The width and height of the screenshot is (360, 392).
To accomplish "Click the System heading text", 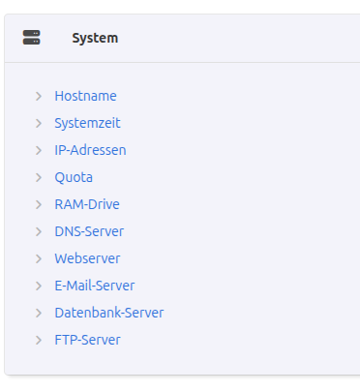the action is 95,38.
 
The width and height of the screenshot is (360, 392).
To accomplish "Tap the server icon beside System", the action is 32,38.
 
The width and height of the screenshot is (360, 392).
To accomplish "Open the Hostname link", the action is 85,96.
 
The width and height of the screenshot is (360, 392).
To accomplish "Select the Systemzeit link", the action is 87,123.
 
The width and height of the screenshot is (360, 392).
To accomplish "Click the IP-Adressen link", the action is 90,150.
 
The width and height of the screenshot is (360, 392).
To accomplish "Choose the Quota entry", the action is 74,177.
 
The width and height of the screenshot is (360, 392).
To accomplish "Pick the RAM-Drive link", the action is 87,204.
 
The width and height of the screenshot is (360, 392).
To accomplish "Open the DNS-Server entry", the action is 89,231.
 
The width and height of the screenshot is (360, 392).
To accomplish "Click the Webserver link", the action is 87,258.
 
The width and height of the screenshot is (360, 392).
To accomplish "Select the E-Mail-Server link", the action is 95,286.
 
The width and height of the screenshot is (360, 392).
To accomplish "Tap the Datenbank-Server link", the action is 109,313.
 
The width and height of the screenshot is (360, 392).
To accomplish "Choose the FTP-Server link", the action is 87,340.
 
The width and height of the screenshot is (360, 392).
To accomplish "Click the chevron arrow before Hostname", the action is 38,96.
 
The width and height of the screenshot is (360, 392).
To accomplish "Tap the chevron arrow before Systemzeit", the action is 38,123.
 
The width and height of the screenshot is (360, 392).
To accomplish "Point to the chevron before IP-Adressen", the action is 38,150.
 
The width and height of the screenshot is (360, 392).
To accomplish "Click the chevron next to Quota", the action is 38,177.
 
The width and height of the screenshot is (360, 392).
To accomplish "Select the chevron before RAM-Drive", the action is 38,204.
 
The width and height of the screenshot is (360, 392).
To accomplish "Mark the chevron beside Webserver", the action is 38,258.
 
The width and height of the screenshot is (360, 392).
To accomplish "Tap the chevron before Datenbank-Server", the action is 38,313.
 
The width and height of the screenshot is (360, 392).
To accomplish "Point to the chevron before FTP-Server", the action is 38,340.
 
